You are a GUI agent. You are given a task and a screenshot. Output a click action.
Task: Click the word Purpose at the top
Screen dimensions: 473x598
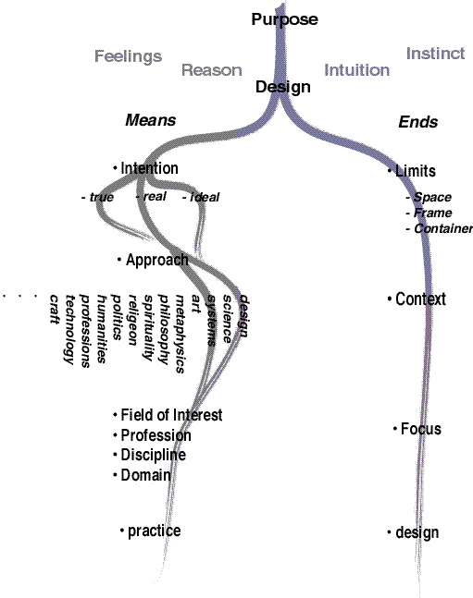click(285, 19)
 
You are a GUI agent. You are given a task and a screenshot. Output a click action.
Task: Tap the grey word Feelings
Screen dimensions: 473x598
click(128, 56)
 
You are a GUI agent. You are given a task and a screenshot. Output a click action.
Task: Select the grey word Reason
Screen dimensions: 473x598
click(212, 70)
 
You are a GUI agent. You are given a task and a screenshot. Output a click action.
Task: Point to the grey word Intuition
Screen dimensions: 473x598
click(357, 70)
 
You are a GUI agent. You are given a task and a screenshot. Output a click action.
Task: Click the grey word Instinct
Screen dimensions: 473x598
click(435, 54)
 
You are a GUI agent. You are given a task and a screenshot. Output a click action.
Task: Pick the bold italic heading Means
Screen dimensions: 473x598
click(151, 120)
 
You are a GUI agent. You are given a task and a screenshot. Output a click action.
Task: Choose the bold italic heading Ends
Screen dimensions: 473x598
click(418, 122)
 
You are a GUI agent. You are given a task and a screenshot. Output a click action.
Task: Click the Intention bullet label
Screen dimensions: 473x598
click(145, 168)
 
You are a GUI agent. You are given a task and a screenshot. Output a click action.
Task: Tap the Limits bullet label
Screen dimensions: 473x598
click(412, 171)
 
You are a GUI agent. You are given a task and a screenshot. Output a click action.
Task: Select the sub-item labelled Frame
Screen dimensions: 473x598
click(429, 213)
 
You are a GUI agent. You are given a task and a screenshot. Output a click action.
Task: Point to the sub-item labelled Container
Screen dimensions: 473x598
click(440, 228)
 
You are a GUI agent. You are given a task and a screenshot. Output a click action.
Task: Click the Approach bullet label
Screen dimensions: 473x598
click(153, 260)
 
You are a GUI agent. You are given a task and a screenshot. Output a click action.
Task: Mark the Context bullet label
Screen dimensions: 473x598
click(417, 299)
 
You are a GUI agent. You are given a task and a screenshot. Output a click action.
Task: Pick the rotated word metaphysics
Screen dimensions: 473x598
click(180, 334)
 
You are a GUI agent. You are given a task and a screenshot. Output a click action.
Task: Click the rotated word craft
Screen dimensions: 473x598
click(55, 310)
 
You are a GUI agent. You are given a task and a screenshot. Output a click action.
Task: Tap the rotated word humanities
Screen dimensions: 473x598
click(101, 329)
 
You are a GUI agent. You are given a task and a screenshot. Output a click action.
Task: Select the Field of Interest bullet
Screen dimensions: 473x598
click(168, 415)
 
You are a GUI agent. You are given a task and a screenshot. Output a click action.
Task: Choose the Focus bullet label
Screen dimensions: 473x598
click(417, 429)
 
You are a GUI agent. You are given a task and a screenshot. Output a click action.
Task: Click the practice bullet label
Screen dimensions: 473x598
click(151, 531)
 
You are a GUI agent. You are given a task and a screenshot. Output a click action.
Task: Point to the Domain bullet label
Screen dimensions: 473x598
click(143, 475)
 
